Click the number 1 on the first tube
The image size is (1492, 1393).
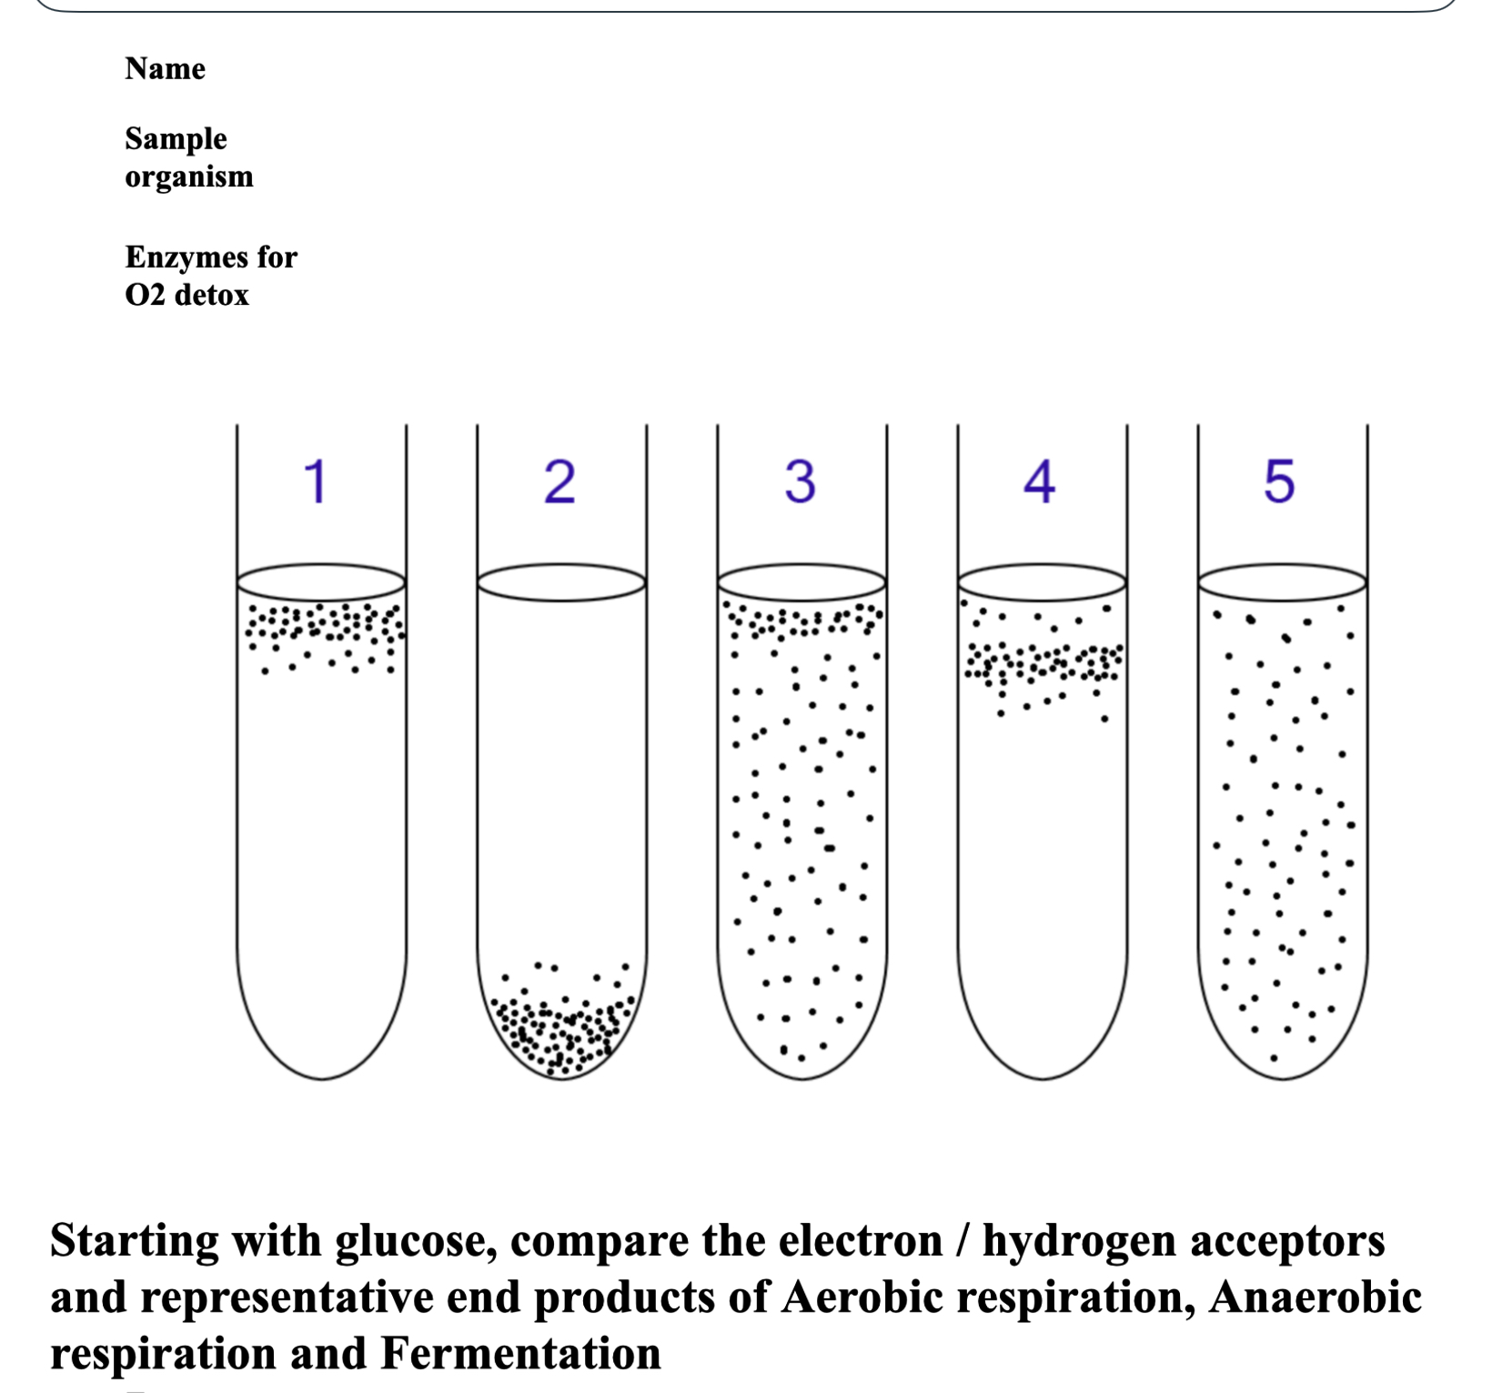(316, 481)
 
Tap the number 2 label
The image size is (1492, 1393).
(559, 481)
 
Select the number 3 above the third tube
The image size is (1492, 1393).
(800, 481)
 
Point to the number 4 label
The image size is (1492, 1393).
(1039, 481)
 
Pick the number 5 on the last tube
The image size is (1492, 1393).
(1279, 481)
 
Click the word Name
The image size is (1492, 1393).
(165, 68)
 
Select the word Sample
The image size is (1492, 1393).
(176, 138)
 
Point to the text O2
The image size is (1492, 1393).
(145, 295)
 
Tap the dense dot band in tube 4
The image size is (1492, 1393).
(1043, 663)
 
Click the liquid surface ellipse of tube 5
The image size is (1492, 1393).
(1282, 582)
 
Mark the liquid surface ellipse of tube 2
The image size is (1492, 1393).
(561, 582)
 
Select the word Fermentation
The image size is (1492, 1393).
(520, 1353)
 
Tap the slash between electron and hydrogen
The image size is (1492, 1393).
(962, 1241)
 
